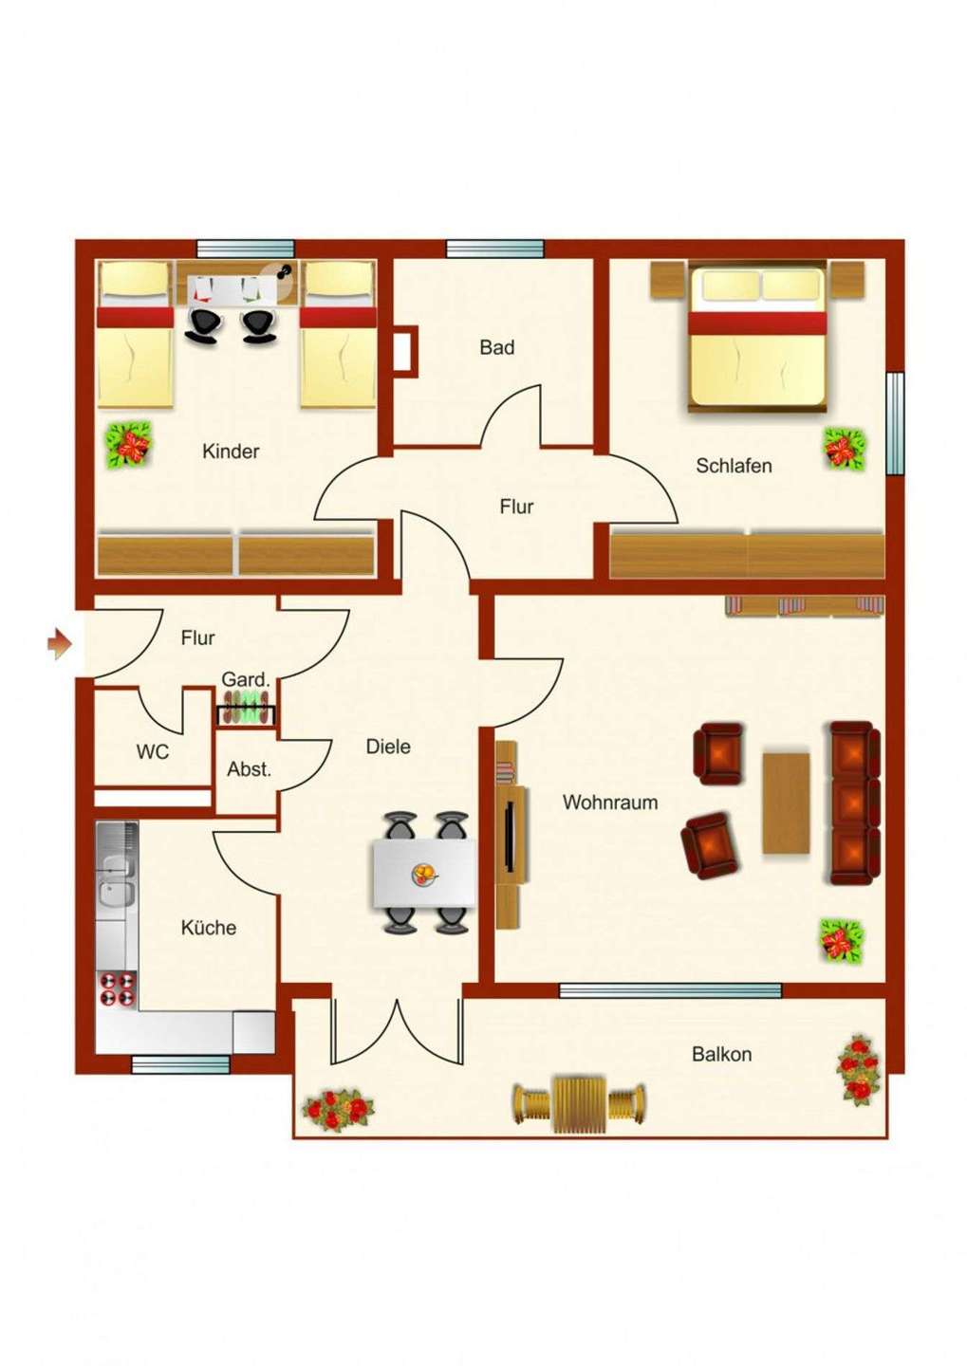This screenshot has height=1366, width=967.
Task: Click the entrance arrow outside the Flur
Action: pos(60,644)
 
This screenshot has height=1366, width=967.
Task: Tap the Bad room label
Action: pos(496,347)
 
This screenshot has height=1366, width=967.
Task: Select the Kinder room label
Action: pos(231,452)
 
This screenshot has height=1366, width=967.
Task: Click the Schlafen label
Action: pos(734,466)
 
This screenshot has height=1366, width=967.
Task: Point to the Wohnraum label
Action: pos(610,803)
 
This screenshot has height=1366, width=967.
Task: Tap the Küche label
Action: pos(209,928)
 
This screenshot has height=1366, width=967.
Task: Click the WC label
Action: pos(153,752)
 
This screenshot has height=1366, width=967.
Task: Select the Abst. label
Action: pos(249,769)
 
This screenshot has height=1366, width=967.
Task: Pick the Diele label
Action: pos(388,747)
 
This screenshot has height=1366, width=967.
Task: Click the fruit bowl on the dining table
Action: pos(425,874)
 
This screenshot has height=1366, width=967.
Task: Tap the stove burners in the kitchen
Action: pos(117,989)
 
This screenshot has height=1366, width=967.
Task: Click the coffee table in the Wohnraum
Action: pos(786,803)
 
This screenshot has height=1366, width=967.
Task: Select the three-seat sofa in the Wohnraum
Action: pos(855,803)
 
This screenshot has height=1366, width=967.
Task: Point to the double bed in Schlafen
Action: pos(757,337)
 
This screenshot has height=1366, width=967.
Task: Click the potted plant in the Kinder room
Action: pos(129,445)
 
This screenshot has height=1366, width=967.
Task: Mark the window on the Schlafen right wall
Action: pos(894,423)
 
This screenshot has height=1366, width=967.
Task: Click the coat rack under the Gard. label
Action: pos(246,708)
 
